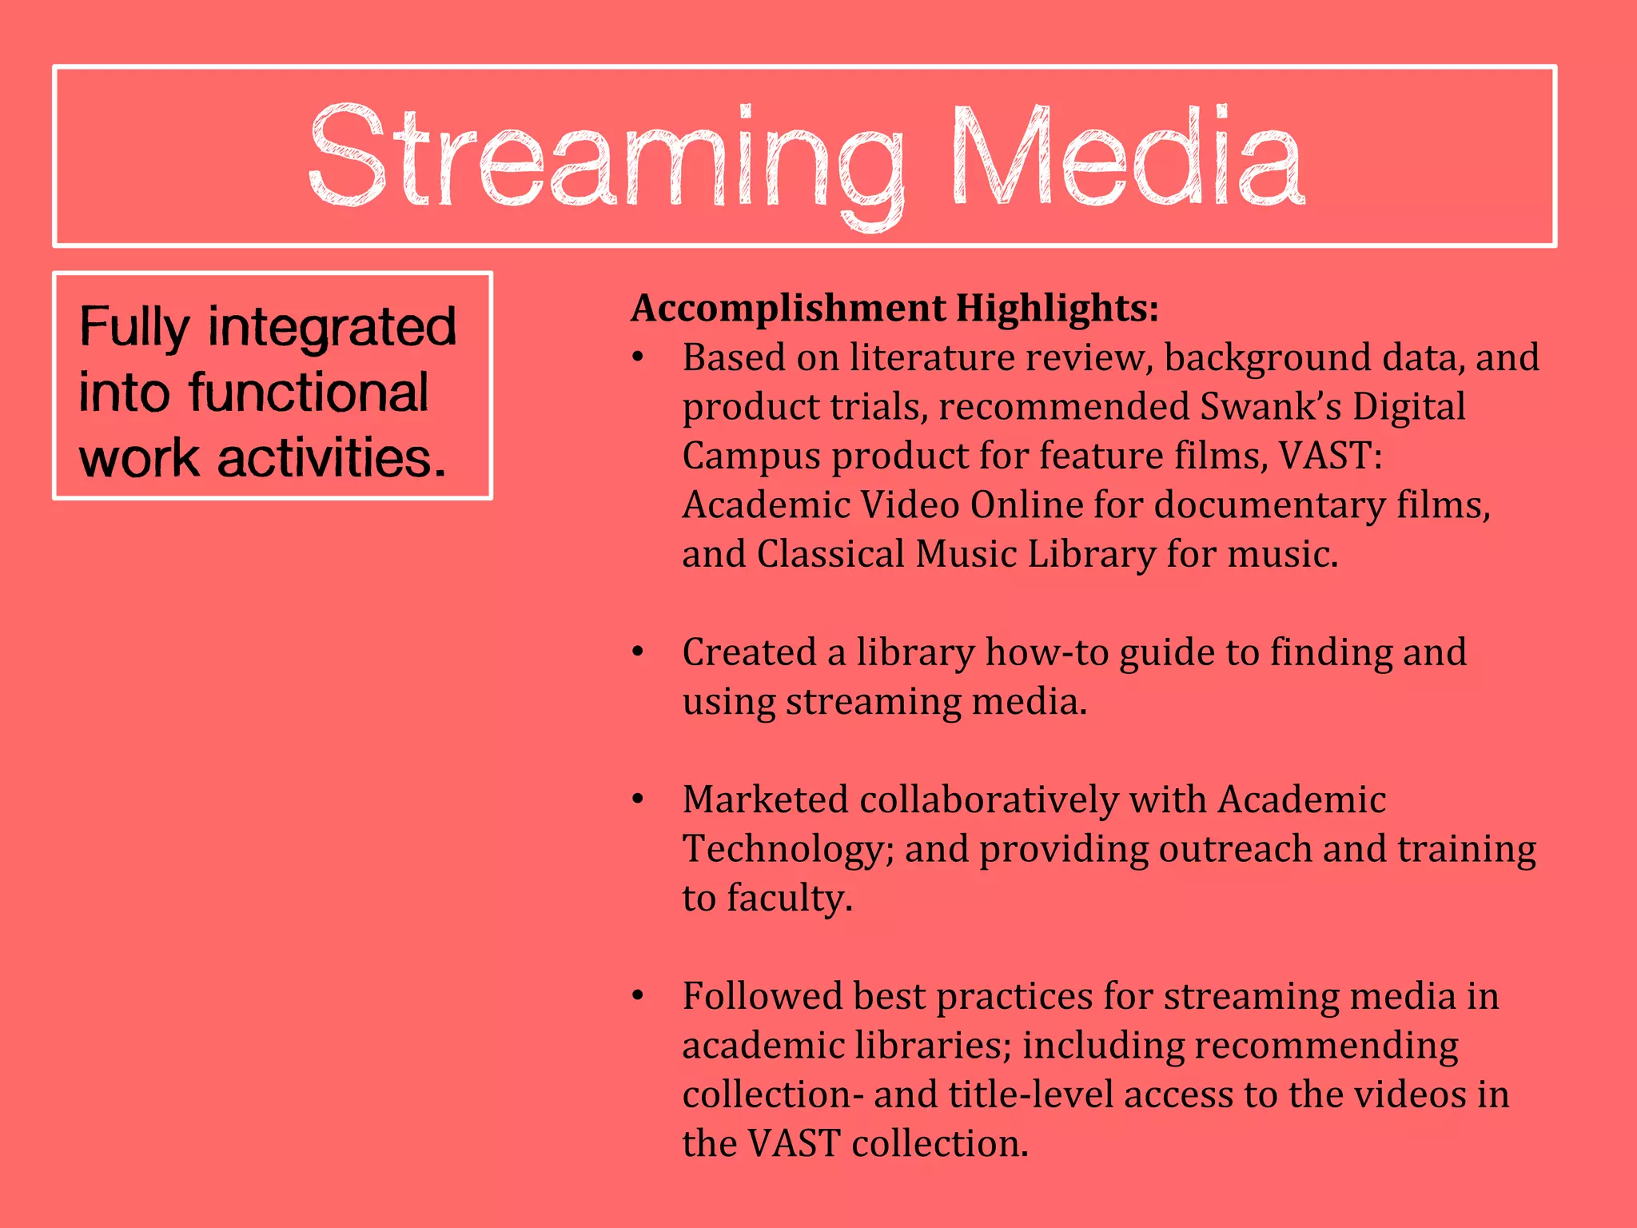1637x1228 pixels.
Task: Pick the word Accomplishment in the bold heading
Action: (x=788, y=309)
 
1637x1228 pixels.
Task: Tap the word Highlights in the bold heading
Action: (x=1057, y=309)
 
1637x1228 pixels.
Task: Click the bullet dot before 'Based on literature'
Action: (x=638, y=357)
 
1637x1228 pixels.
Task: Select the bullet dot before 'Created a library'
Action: (x=638, y=652)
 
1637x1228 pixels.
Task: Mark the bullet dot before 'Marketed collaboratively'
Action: (x=638, y=799)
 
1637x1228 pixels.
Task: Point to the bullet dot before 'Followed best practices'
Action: (x=638, y=996)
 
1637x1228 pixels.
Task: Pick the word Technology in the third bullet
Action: (x=787, y=849)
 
